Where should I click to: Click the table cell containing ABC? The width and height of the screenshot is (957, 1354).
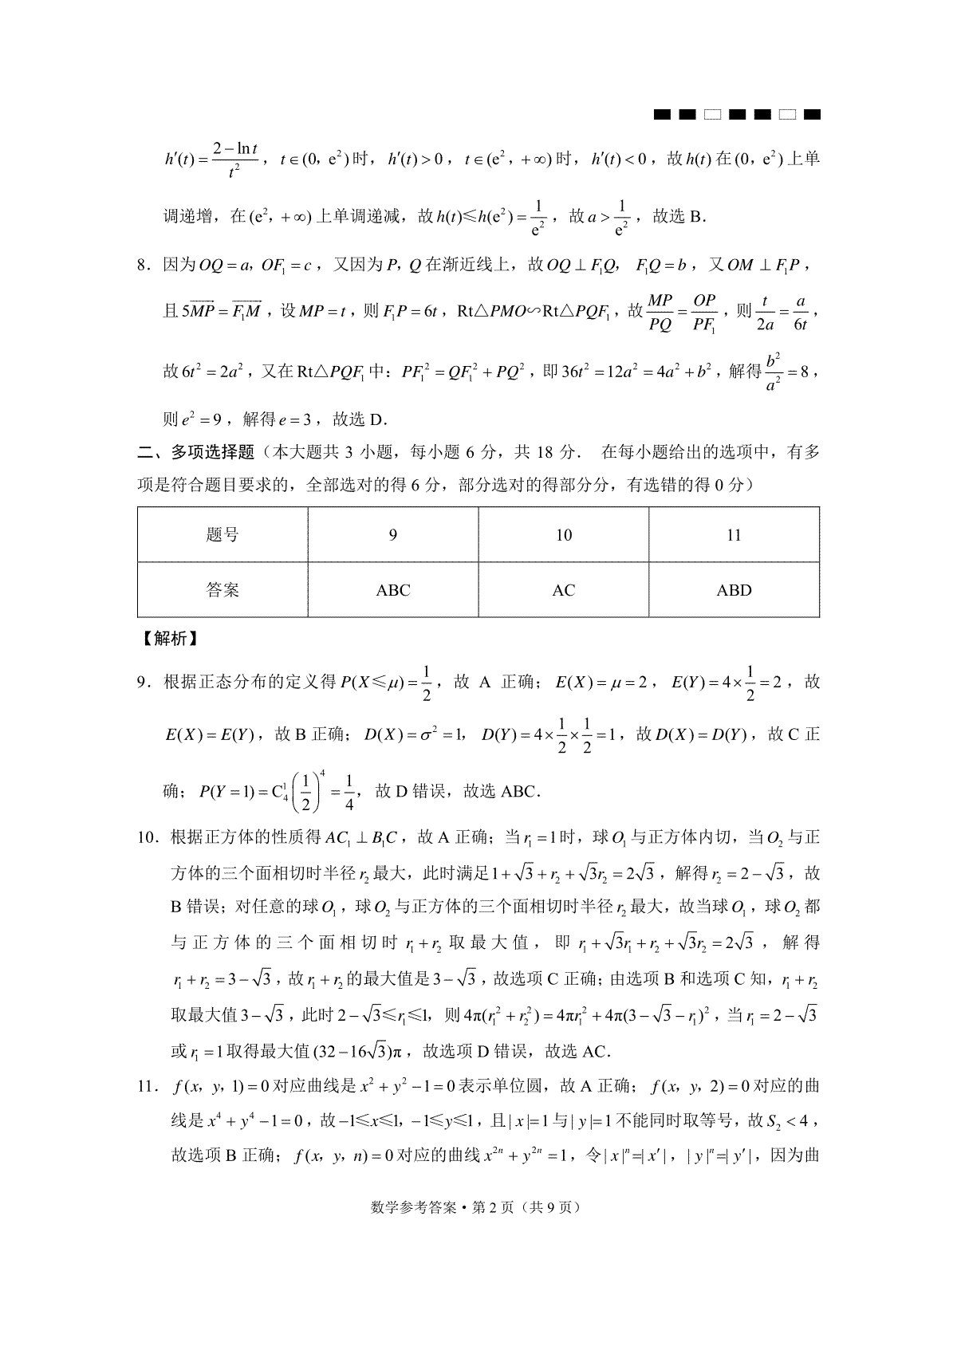pos(392,590)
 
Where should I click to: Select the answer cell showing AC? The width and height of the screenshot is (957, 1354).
pos(563,590)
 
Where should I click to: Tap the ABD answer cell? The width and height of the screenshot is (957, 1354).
pos(734,590)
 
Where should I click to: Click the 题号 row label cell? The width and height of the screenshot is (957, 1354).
pos(223,535)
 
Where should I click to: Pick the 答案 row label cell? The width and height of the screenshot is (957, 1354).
pos(223,590)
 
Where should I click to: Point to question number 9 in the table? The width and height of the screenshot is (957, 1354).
pos(392,535)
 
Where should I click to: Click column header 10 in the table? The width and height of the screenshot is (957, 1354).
pos(563,535)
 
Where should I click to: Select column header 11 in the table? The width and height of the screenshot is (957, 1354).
pos(734,535)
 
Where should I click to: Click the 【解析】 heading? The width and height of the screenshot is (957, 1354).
pos(170,639)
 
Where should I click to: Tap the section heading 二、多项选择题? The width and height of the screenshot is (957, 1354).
pos(196,452)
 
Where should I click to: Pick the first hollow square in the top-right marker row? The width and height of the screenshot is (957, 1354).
pos(711,116)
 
